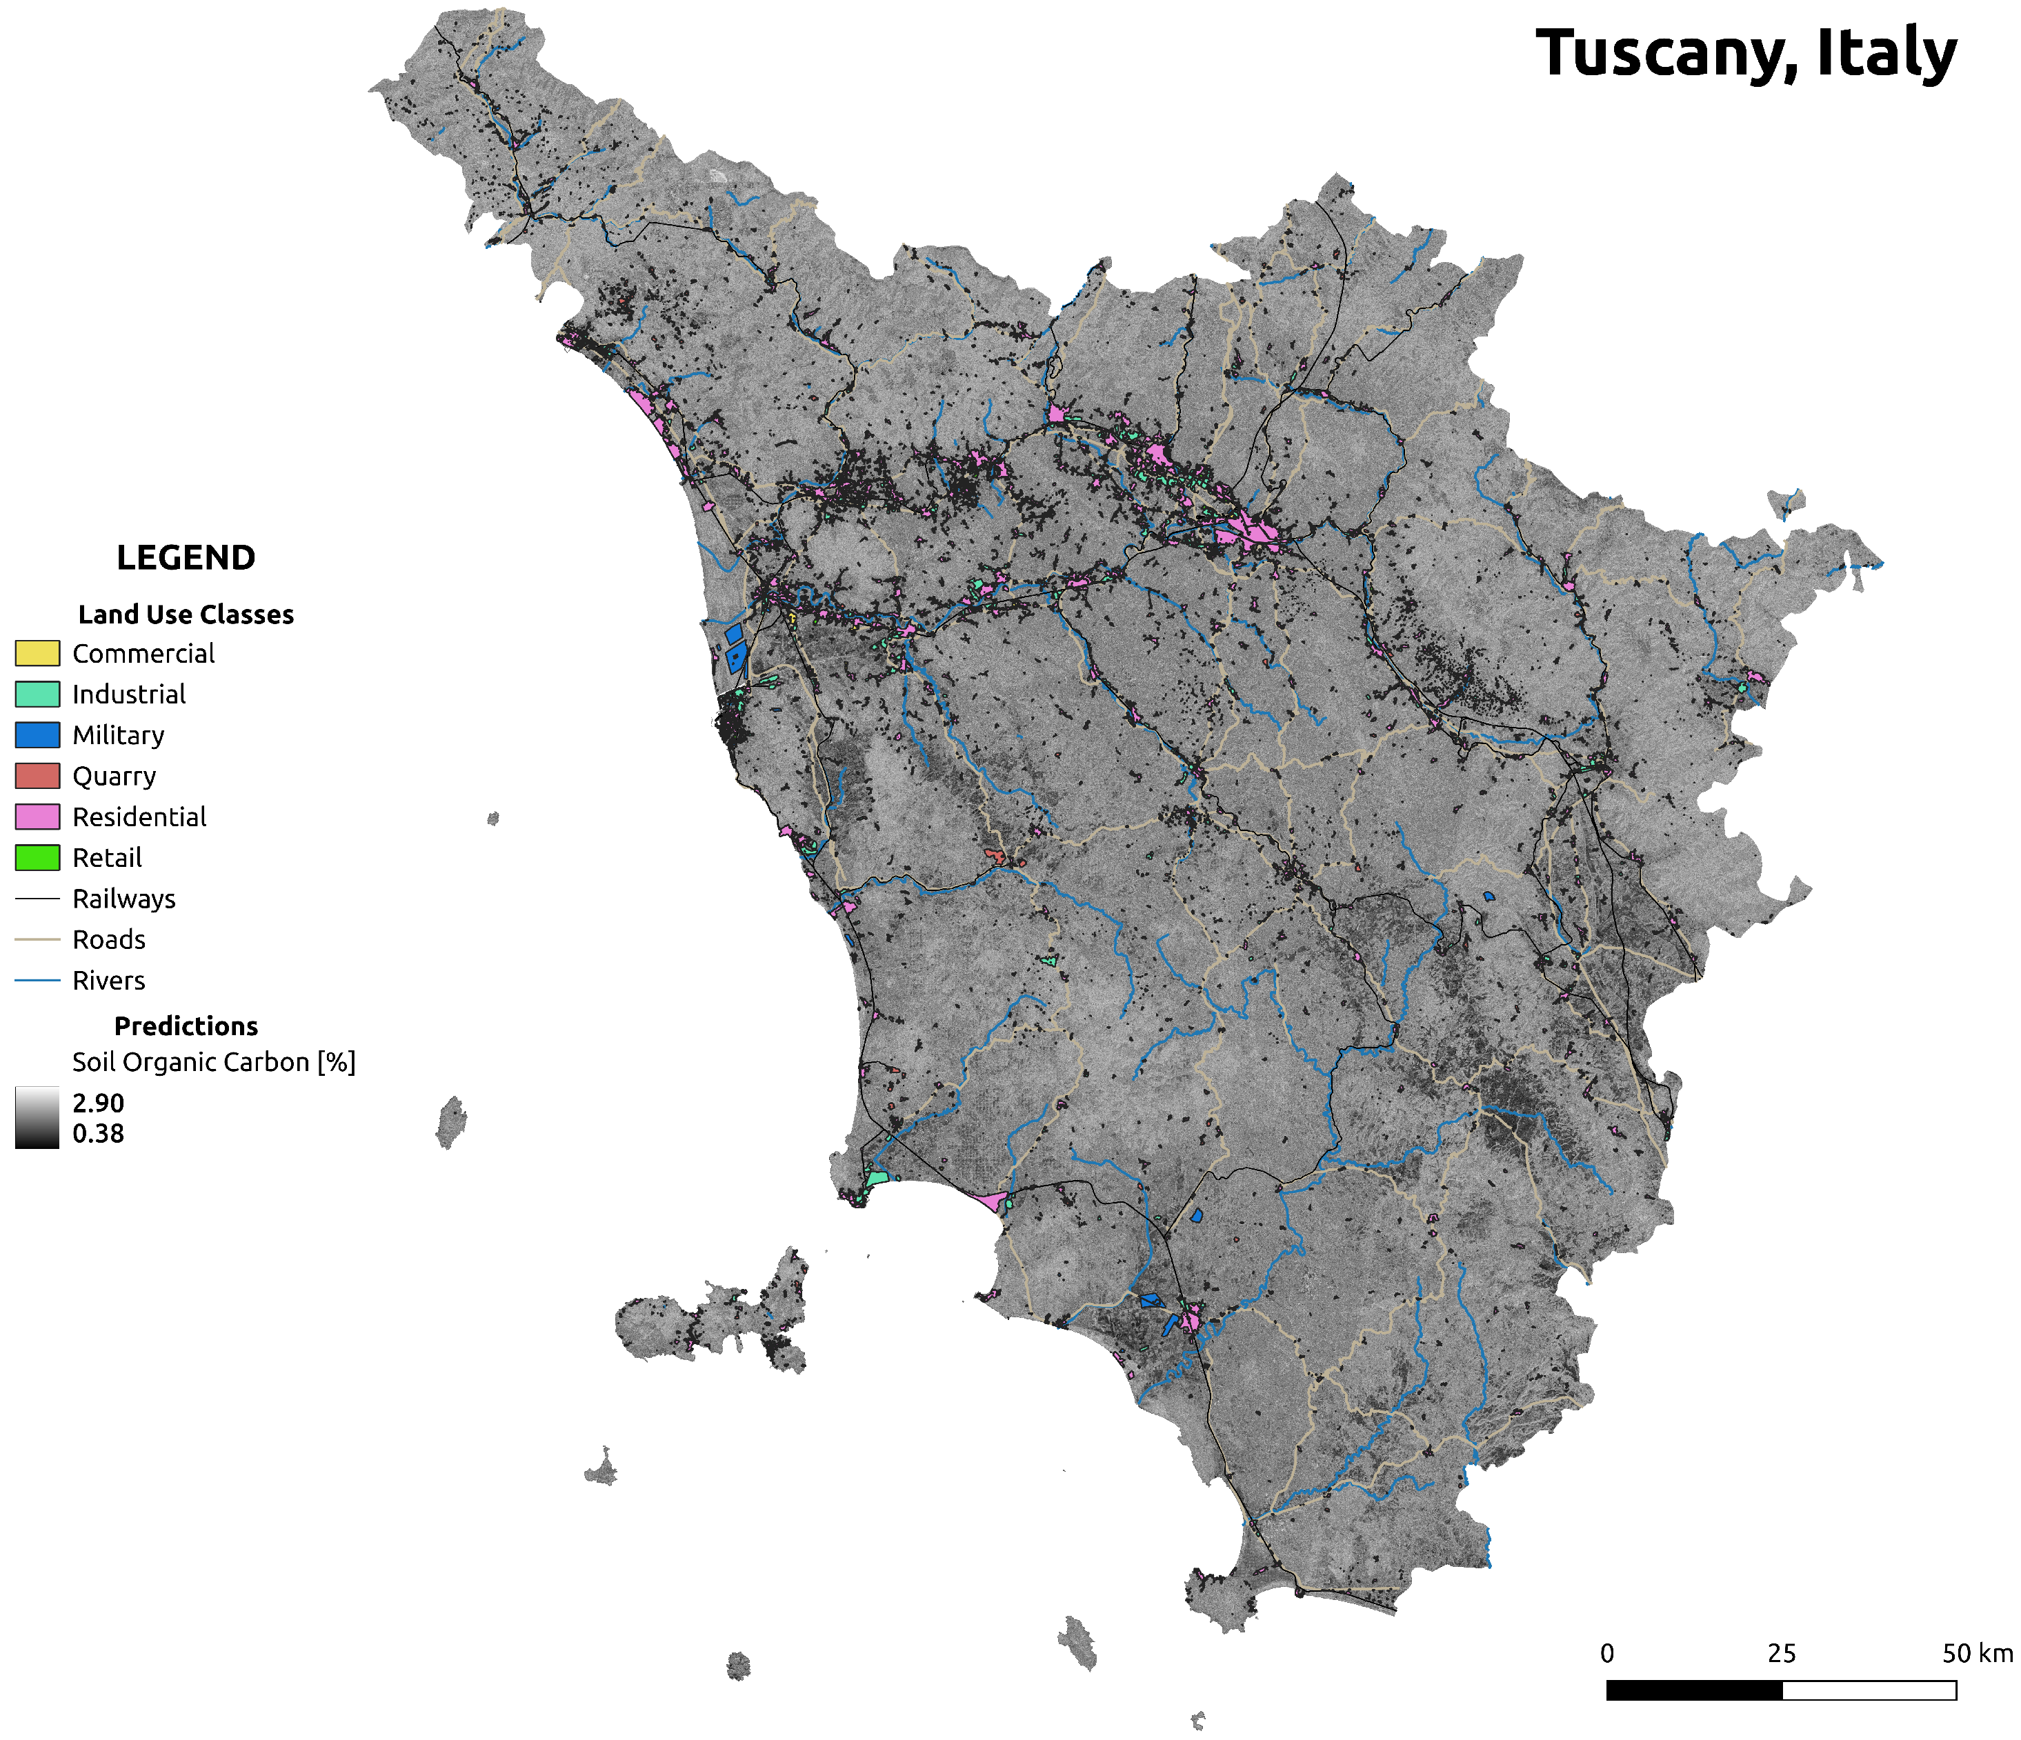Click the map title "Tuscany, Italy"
[x=1746, y=54]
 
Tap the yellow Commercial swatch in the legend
[x=37, y=652]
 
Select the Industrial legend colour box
[x=37, y=694]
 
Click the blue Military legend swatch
[x=37, y=734]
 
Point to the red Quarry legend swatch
[x=37, y=775]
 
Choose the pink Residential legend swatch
[x=37, y=817]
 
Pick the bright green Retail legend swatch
[x=37, y=857]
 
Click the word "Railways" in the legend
[x=124, y=899]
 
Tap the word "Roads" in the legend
[x=108, y=940]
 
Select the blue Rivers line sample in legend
[x=37, y=980]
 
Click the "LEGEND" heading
[x=186, y=558]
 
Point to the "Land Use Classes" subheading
[x=186, y=614]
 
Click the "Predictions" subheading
[x=186, y=1026]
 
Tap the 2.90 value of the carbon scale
[x=97, y=1103]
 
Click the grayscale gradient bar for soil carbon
[x=37, y=1118]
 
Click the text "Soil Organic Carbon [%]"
[x=214, y=1062]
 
